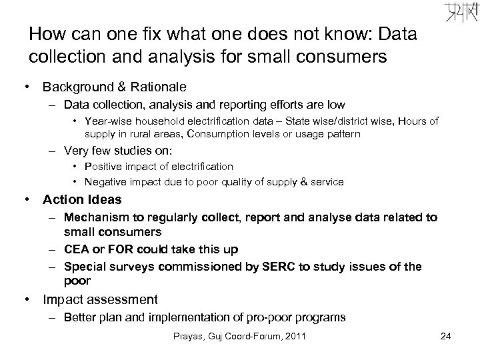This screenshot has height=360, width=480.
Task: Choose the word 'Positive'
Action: click(x=115, y=166)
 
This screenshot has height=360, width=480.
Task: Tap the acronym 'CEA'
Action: click(x=77, y=249)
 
